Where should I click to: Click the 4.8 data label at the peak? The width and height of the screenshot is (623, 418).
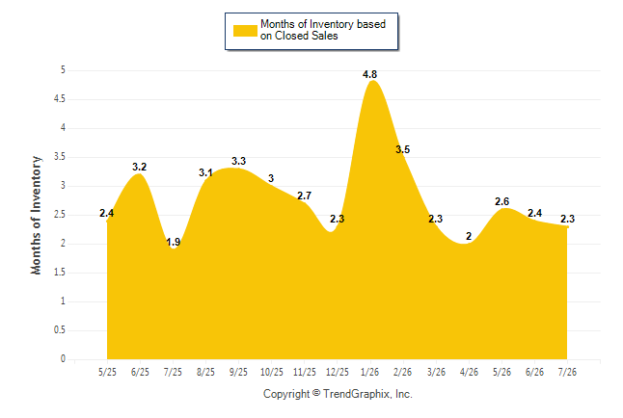click(x=369, y=74)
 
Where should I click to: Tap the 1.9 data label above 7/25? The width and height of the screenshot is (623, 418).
click(x=173, y=242)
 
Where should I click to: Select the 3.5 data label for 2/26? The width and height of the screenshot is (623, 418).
click(x=402, y=149)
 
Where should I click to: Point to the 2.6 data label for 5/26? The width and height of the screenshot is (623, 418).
click(x=501, y=201)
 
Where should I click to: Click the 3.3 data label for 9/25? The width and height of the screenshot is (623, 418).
click(x=238, y=161)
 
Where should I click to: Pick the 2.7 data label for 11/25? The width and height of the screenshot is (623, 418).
click(x=305, y=196)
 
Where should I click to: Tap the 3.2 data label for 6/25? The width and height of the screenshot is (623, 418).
click(x=140, y=167)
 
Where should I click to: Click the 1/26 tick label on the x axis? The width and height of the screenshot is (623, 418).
click(x=369, y=372)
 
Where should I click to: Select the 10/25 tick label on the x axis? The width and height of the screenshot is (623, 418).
click(x=272, y=372)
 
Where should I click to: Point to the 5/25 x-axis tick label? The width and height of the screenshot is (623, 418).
click(x=107, y=372)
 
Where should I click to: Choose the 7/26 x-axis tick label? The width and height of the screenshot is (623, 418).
click(x=567, y=372)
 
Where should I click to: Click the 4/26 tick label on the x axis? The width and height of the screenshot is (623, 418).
click(x=469, y=372)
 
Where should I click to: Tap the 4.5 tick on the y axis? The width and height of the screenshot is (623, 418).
click(x=60, y=99)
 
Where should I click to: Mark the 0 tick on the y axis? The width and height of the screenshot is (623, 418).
click(x=63, y=359)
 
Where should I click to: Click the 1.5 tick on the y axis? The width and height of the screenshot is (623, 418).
click(x=60, y=273)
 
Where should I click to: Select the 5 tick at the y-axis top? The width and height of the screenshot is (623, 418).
click(x=63, y=70)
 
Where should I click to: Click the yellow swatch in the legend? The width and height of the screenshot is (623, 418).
click(x=245, y=31)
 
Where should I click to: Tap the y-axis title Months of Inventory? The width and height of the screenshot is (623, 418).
click(x=36, y=215)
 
